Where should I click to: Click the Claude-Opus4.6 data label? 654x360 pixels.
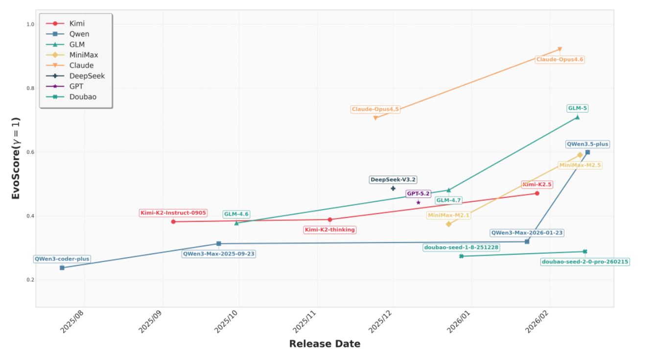click(560, 59)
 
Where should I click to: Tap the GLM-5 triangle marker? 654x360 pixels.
click(577, 117)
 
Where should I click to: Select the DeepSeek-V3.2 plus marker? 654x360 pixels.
click(393, 188)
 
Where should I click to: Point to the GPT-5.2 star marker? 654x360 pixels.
click(418, 202)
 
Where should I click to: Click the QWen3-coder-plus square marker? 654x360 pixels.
click(62, 268)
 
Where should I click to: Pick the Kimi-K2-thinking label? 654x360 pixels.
click(330, 230)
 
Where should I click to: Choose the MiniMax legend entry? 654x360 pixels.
click(84, 55)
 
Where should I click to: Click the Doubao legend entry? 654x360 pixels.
click(83, 96)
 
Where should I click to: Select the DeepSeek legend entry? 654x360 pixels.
click(87, 76)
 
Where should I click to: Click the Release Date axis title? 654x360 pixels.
click(325, 344)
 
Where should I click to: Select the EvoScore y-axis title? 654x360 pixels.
click(16, 158)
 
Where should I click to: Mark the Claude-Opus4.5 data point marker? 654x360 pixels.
click(375, 118)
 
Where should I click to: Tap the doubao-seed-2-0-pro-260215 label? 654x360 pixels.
click(585, 262)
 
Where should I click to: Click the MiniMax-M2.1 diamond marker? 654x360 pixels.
click(448, 224)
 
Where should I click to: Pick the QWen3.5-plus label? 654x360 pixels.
click(587, 144)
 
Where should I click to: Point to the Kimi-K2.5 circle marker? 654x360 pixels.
click(537, 193)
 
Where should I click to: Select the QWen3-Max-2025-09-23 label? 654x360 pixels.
click(219, 254)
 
